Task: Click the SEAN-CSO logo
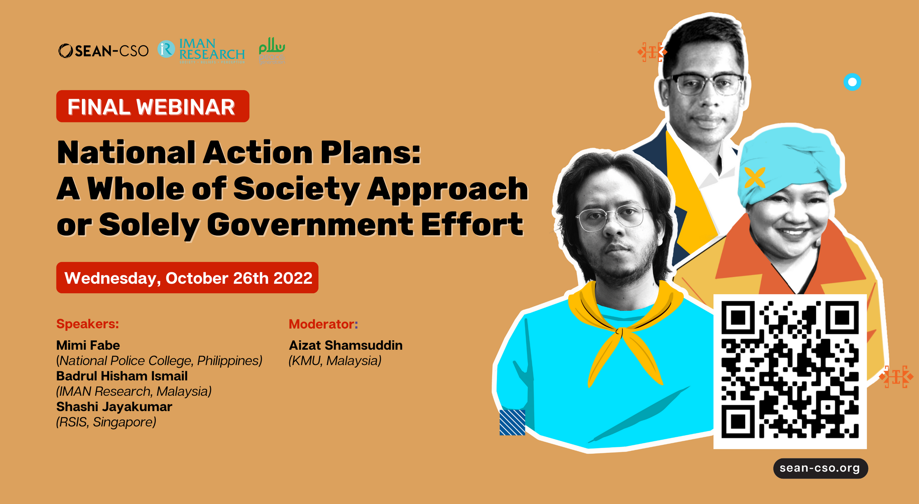103,51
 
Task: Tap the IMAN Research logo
202,51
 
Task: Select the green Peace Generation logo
272,50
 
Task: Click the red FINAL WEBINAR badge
152,107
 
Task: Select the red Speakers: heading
87,324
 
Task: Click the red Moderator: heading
323,324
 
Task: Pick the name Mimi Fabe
88,345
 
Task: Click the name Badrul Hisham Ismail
122,376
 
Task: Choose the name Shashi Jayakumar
114,407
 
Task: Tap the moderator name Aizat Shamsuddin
345,345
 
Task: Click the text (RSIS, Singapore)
106,422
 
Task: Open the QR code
790,371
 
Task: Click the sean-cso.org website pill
820,468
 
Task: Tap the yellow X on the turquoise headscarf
755,177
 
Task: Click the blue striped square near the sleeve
512,422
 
